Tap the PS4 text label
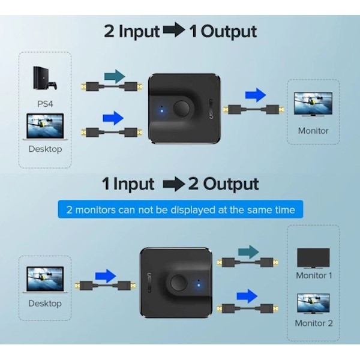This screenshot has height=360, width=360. click(x=45, y=103)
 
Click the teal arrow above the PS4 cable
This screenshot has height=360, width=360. click(x=113, y=76)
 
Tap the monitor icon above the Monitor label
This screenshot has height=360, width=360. click(x=313, y=104)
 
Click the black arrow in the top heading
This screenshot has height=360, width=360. click(x=173, y=31)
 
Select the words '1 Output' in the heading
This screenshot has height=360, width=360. click(x=223, y=31)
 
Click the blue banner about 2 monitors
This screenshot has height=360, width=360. click(x=181, y=209)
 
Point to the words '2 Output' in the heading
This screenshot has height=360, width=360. click(x=224, y=184)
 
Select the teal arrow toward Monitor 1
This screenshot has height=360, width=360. click(x=248, y=252)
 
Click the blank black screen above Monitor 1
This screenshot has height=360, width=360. click(x=314, y=258)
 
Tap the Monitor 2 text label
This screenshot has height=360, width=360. click(x=314, y=323)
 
